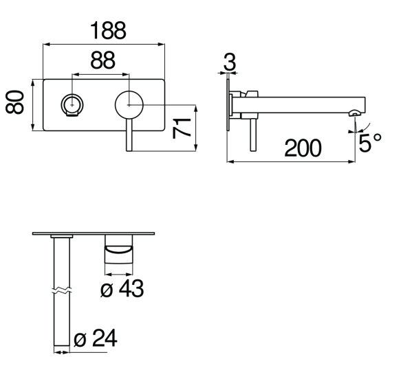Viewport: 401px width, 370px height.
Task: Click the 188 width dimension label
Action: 108,31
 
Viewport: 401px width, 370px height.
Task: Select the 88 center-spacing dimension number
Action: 102,60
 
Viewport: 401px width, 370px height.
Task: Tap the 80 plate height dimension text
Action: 15,102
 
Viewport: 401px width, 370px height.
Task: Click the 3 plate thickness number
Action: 230,62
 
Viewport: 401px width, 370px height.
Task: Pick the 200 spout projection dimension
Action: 303,148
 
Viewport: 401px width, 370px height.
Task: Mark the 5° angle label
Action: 370,143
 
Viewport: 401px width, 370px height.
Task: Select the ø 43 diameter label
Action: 122,288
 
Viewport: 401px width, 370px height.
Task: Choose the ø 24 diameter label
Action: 96,338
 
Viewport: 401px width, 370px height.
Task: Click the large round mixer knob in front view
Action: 129,105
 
